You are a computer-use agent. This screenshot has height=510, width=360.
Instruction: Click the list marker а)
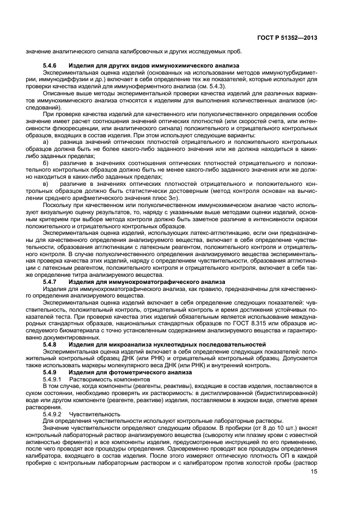coord(46,142)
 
